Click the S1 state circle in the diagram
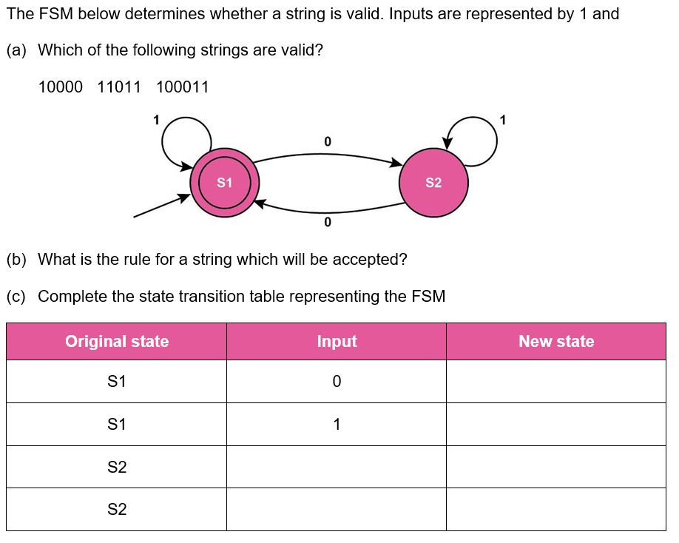pyautogui.click(x=224, y=182)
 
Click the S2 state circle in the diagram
pyautogui.click(x=433, y=182)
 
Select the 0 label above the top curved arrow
pyautogui.click(x=328, y=141)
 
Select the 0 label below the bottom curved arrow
pyautogui.click(x=328, y=222)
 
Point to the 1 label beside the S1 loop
pyautogui.click(x=155, y=118)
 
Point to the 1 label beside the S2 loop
pyautogui.click(x=503, y=118)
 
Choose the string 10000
pyautogui.click(x=61, y=87)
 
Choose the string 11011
pyautogui.click(x=119, y=87)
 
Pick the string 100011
pyautogui.click(x=183, y=87)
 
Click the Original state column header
pyautogui.click(x=117, y=342)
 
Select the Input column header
pyautogui.click(x=337, y=342)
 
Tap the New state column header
pyautogui.click(x=556, y=342)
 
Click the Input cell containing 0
pyautogui.click(x=337, y=382)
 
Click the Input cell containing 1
pyautogui.click(x=337, y=425)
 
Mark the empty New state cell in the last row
pyautogui.click(x=556, y=510)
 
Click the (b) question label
pyautogui.click(x=16, y=260)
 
